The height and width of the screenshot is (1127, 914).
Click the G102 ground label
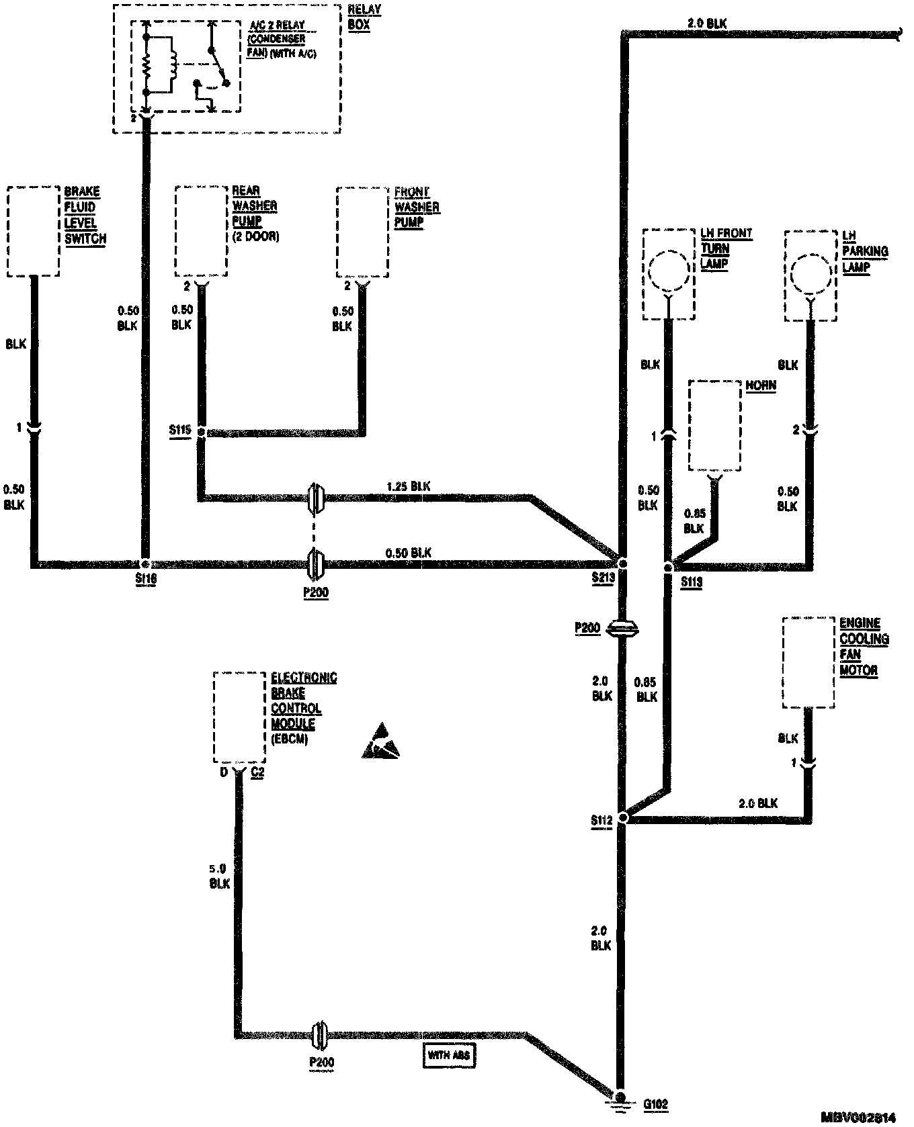[655, 1103]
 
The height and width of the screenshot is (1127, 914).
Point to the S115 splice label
[180, 429]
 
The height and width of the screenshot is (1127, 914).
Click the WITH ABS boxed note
[449, 1055]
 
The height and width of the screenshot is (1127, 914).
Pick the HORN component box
[715, 426]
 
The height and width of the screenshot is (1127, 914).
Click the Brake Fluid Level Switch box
[33, 231]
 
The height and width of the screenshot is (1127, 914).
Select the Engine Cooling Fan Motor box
[809, 662]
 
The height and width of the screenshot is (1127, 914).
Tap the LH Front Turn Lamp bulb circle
[669, 271]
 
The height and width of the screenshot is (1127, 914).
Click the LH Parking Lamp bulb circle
[811, 273]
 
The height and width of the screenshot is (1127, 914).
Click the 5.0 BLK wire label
[220, 876]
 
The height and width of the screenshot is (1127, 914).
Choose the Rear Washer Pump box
[201, 231]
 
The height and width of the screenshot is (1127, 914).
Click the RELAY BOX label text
[365, 17]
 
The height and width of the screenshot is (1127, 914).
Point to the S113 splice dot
[667, 568]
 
